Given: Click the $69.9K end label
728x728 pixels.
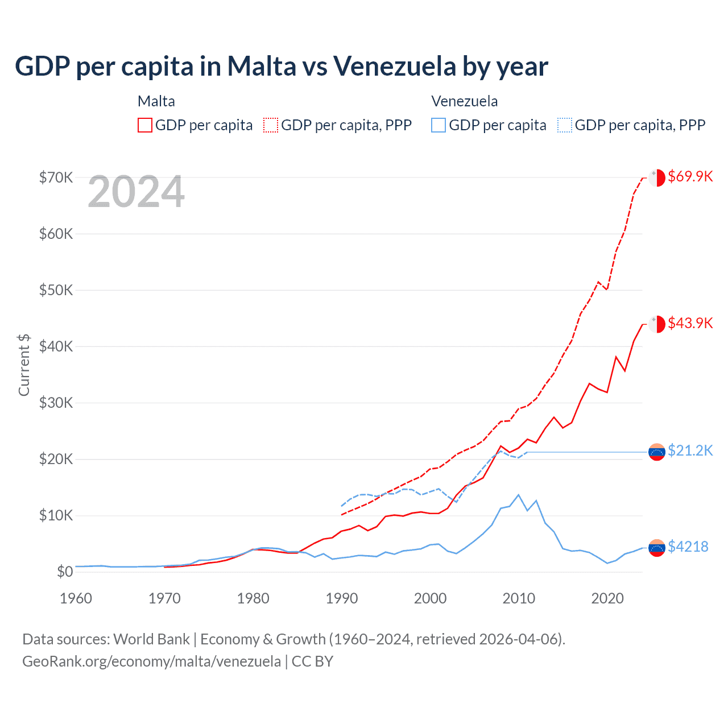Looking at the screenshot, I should click(690, 176).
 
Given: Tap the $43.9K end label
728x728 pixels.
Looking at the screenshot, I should click(690, 323).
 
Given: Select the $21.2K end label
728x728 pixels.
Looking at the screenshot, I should click(690, 450).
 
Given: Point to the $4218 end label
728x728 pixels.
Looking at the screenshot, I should click(688, 547).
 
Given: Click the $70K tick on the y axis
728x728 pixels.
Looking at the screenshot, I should click(56, 177).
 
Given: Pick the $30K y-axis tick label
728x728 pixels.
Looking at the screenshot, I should click(56, 403).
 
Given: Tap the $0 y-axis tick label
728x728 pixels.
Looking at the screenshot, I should click(65, 572).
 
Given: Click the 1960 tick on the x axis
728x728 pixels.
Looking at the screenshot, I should click(76, 598).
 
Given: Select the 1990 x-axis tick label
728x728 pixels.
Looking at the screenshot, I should click(341, 598).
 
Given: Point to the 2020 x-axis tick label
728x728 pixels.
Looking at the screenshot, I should click(607, 598).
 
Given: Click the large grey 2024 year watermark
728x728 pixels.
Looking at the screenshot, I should click(136, 192).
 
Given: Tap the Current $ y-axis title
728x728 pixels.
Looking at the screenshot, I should click(24, 365).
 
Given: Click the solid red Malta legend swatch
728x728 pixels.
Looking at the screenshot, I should click(145, 125).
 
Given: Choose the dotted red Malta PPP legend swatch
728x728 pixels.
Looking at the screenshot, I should click(271, 125).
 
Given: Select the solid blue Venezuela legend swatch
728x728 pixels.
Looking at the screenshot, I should click(439, 125).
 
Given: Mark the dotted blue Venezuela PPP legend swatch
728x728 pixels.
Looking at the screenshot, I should click(565, 125).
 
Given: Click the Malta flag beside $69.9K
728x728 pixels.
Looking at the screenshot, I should click(657, 177).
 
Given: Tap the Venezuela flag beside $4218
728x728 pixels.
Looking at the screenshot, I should click(657, 548).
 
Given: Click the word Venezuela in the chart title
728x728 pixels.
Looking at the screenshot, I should click(395, 66).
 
